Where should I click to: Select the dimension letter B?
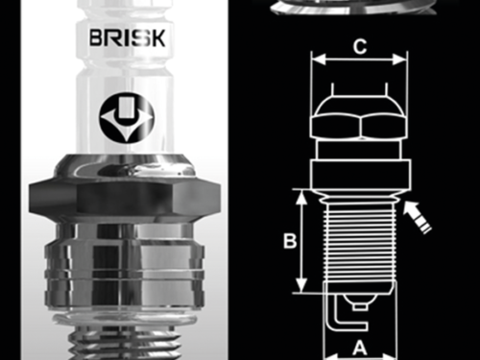point(288,242)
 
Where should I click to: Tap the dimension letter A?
point(357,348)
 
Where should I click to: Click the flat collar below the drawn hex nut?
point(358,173)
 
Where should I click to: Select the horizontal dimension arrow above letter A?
point(357,331)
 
